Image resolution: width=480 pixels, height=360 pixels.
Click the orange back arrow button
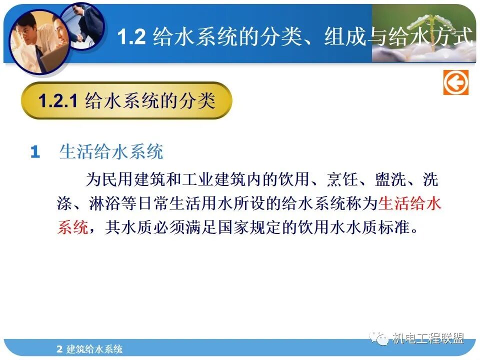click(x=455, y=82)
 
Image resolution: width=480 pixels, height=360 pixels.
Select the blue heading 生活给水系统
click(x=111, y=151)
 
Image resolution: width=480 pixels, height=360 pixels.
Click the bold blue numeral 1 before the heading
click(x=35, y=152)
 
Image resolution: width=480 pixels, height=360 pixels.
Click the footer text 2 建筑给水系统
click(x=90, y=349)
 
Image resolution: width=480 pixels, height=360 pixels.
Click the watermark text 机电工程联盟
click(x=428, y=339)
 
